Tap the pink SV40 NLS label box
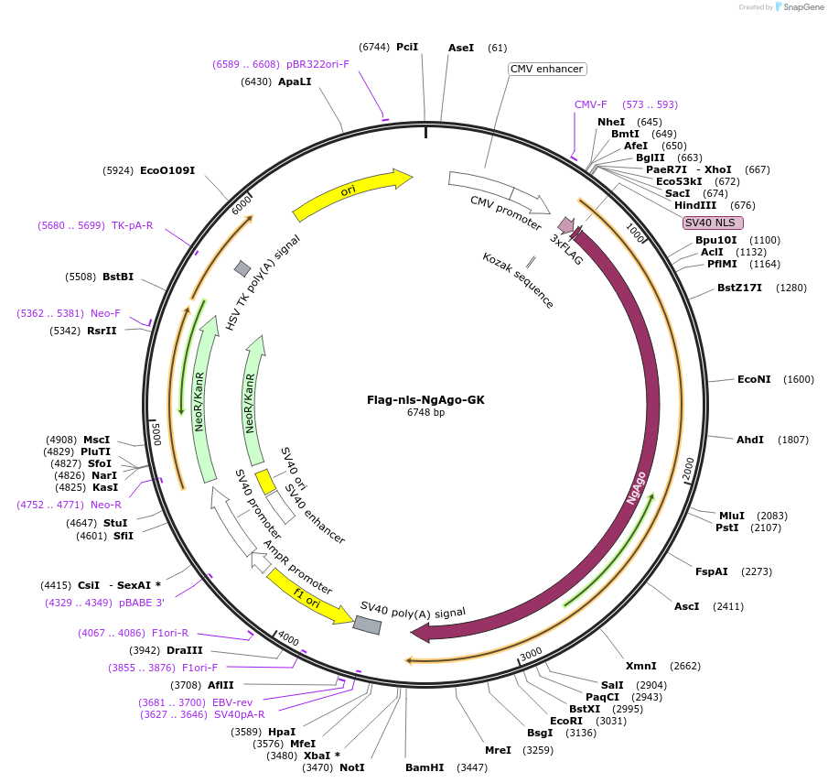(x=714, y=223)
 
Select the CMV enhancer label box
(x=547, y=69)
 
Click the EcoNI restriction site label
(x=754, y=379)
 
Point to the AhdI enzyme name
(x=750, y=440)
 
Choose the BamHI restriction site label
(x=425, y=767)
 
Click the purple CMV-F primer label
(x=590, y=104)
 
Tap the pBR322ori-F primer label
(x=317, y=64)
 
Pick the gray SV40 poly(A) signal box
(x=367, y=625)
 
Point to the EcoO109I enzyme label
(x=167, y=170)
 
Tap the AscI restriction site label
(x=686, y=606)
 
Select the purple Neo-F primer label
(x=105, y=313)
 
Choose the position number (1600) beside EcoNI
(x=799, y=379)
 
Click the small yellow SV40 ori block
(x=265, y=481)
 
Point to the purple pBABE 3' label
(x=142, y=603)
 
